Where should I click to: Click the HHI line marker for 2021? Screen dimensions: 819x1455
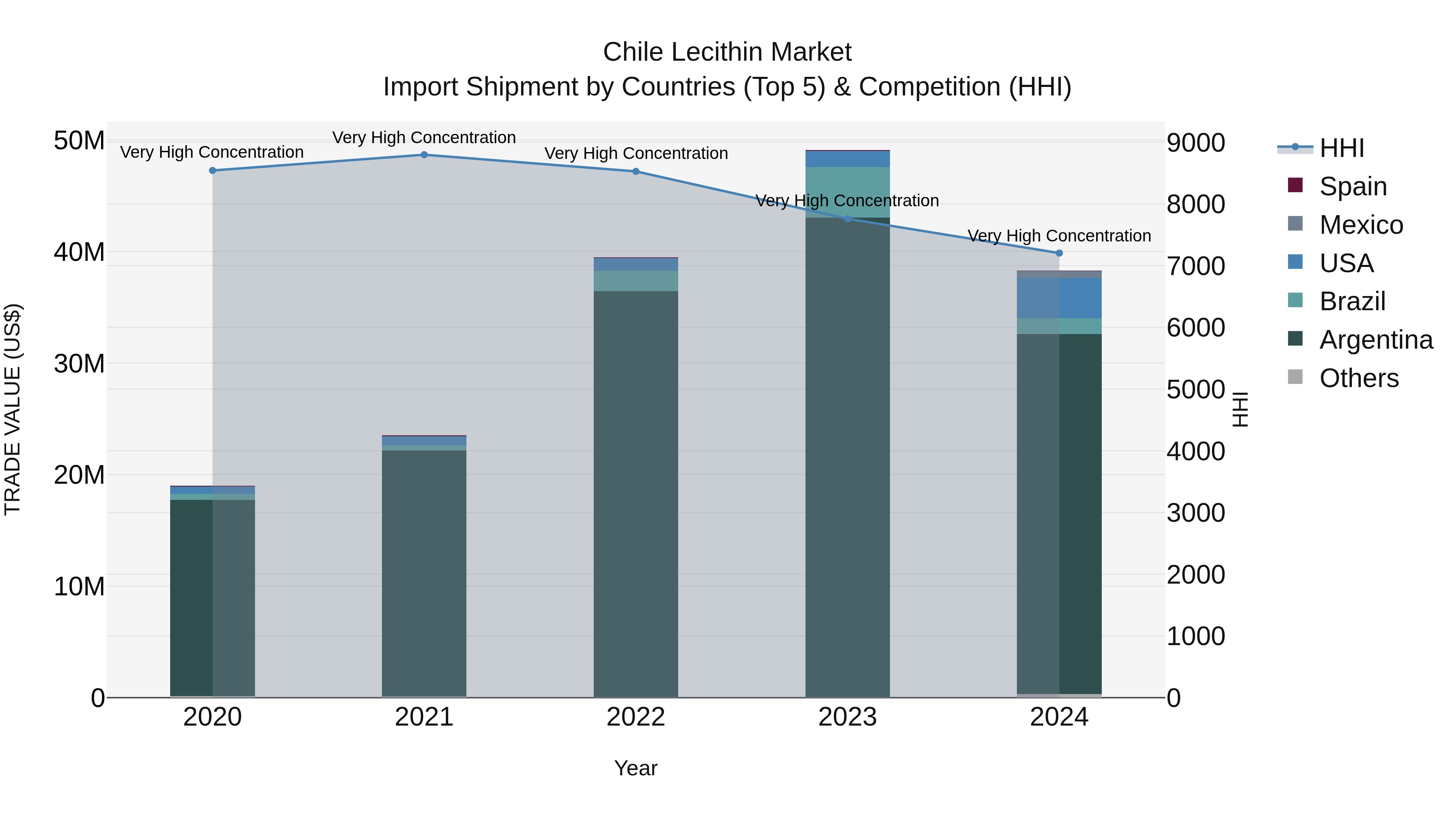(424, 155)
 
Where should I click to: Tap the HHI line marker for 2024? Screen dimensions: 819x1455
(1059, 253)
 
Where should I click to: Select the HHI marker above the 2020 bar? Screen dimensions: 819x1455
(212, 171)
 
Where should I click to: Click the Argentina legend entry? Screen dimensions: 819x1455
(1375, 340)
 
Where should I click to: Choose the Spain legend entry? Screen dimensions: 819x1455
(1352, 186)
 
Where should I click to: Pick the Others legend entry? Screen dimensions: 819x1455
(1358, 378)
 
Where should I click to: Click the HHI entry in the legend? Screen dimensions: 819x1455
(1341, 148)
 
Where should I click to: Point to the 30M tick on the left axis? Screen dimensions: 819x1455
(79, 364)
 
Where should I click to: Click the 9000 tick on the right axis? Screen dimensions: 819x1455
(1196, 143)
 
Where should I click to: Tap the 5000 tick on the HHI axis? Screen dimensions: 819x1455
(1196, 389)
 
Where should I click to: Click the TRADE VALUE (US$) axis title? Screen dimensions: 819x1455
(13, 409)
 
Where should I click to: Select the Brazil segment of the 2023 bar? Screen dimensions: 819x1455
(847, 192)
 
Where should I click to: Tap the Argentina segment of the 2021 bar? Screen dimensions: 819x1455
(424, 571)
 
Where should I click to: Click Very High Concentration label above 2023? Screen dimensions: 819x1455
(847, 201)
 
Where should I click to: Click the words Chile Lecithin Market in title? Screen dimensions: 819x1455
(727, 52)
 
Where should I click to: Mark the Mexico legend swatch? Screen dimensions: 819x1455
(1295, 224)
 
